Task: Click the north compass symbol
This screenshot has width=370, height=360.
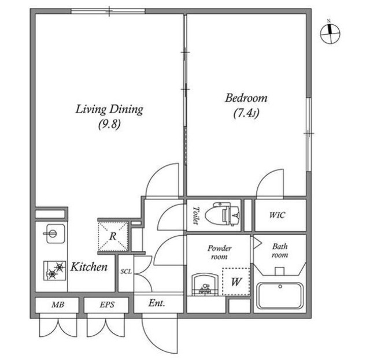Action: tap(330, 33)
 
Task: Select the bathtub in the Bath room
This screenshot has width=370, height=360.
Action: tap(280, 296)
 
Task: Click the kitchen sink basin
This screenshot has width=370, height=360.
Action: tap(55, 233)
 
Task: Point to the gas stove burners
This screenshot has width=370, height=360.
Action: tap(54, 270)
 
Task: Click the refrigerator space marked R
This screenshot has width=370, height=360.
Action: tap(113, 236)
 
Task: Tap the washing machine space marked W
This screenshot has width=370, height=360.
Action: tap(236, 281)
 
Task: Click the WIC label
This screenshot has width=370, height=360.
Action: tap(277, 215)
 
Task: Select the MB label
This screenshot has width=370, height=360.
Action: tap(58, 305)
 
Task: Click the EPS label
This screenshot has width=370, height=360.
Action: tap(107, 305)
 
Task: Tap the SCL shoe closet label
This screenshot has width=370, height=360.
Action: tap(126, 272)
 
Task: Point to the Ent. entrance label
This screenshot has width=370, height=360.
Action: tap(157, 303)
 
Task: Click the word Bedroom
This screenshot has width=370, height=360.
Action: tap(246, 98)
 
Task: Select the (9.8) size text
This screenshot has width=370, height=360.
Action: tap(109, 124)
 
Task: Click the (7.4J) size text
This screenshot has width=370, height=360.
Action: tap(246, 113)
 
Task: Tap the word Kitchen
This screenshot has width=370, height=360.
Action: tap(89, 267)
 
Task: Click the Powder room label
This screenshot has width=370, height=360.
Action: tap(220, 252)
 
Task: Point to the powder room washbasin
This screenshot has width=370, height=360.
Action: tap(205, 284)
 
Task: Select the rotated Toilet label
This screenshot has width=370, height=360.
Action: tap(195, 216)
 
